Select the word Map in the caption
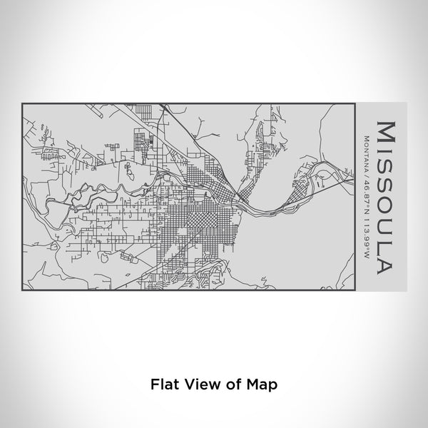(x=256, y=384)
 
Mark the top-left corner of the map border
(x=23, y=103)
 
